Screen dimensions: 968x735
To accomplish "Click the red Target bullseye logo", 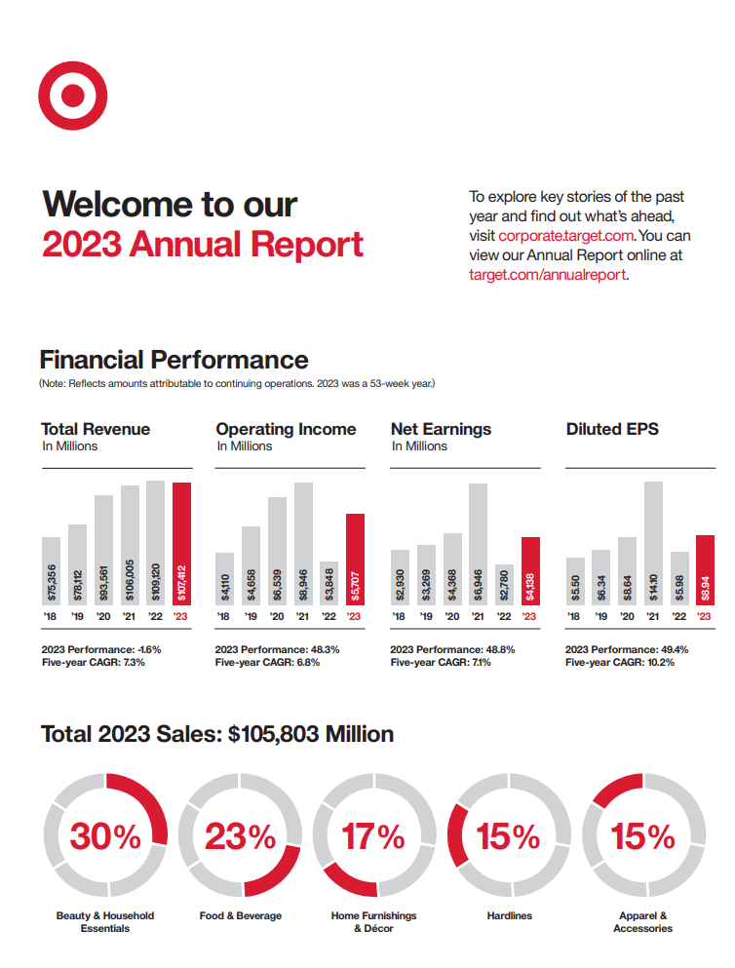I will coord(70,95).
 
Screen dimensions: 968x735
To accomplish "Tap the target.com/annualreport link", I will coord(547,275).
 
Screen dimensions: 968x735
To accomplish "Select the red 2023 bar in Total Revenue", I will coord(181,543).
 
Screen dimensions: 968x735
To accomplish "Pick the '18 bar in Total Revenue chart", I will coord(51,570).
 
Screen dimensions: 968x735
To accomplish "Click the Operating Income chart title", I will coord(286,429).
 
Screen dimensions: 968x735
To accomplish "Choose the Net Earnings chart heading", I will coord(441,429).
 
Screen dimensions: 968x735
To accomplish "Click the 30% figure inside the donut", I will coord(104,836).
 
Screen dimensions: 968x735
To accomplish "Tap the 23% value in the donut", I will coord(239,836).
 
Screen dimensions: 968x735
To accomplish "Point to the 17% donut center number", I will coord(373,836).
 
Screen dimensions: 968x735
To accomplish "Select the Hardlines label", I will coord(509,915).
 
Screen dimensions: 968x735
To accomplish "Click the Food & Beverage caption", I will coord(240,915).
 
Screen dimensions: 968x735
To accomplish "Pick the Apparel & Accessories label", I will coord(642,922).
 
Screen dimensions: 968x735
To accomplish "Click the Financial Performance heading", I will coord(174,360).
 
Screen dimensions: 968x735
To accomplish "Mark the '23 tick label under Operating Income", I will coord(354,616).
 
